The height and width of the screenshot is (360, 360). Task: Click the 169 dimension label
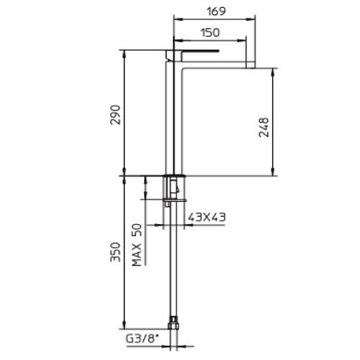coord(216,11)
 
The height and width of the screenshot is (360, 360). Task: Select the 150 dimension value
coord(210,33)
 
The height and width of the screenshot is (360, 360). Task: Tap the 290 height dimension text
coord(116,114)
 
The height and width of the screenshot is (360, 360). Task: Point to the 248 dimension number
coord(264,127)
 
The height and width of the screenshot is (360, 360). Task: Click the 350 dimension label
coord(116,252)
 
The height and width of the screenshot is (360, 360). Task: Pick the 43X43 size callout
coord(206,217)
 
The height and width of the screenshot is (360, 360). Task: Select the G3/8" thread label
coord(142,339)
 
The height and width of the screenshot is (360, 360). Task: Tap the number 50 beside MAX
coord(137,230)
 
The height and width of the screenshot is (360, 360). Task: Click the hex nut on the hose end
coord(174,324)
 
